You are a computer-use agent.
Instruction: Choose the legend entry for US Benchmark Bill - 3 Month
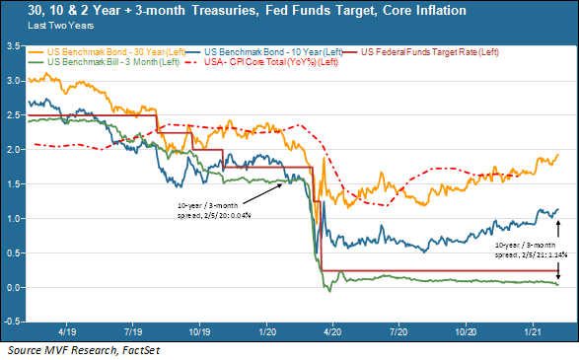coord(109,61)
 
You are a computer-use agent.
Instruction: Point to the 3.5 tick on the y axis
coord(14,46)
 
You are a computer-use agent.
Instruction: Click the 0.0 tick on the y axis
coord(14,287)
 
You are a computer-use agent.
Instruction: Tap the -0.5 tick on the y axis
coord(13,322)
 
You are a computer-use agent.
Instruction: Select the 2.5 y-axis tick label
coord(14,115)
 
